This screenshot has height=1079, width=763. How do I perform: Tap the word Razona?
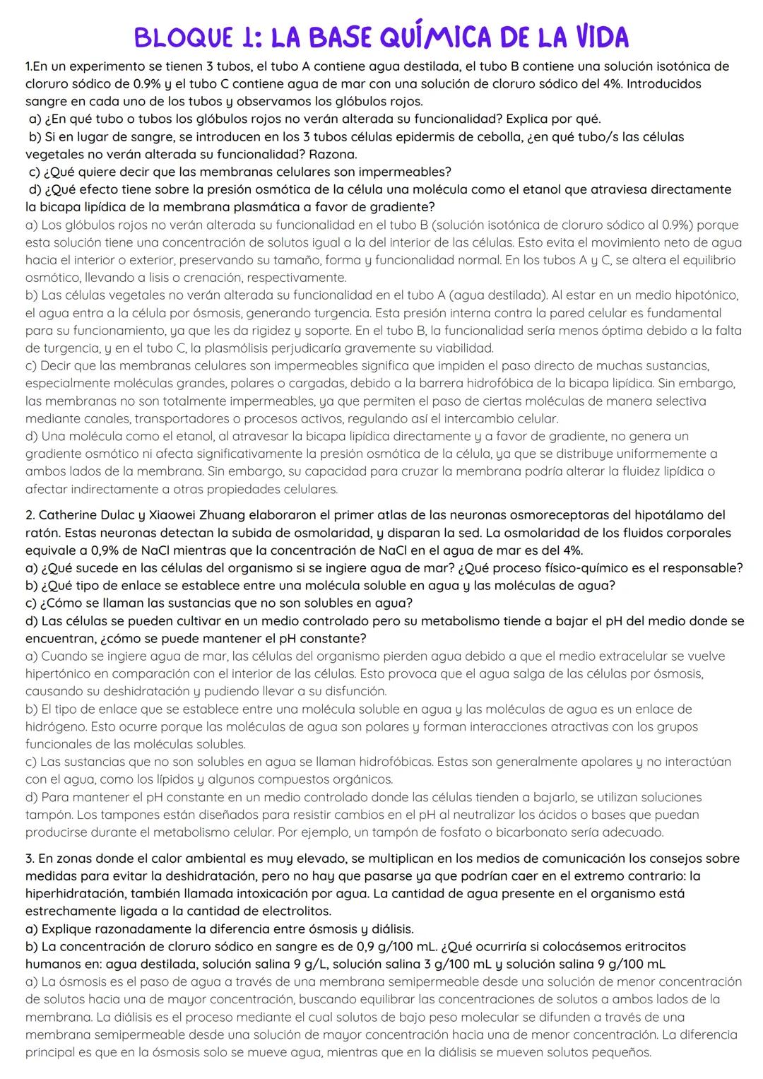coord(333,154)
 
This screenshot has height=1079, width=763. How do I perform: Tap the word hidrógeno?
coord(54,726)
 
